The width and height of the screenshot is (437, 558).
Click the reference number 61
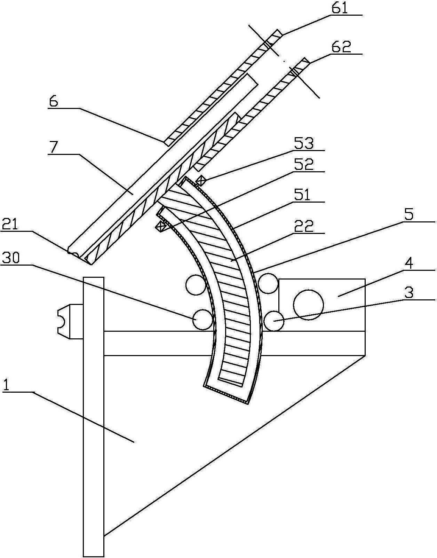[x=340, y=8]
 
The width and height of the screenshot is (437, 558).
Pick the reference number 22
[x=304, y=226]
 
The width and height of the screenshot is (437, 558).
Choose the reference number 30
[x=10, y=258]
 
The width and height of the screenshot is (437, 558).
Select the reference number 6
[x=53, y=102]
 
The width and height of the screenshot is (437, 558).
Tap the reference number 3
[x=410, y=293]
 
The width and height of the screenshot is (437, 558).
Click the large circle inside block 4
[x=309, y=305]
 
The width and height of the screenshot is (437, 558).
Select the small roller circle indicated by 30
[x=202, y=320]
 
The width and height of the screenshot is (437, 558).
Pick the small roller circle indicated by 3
[x=274, y=321]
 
